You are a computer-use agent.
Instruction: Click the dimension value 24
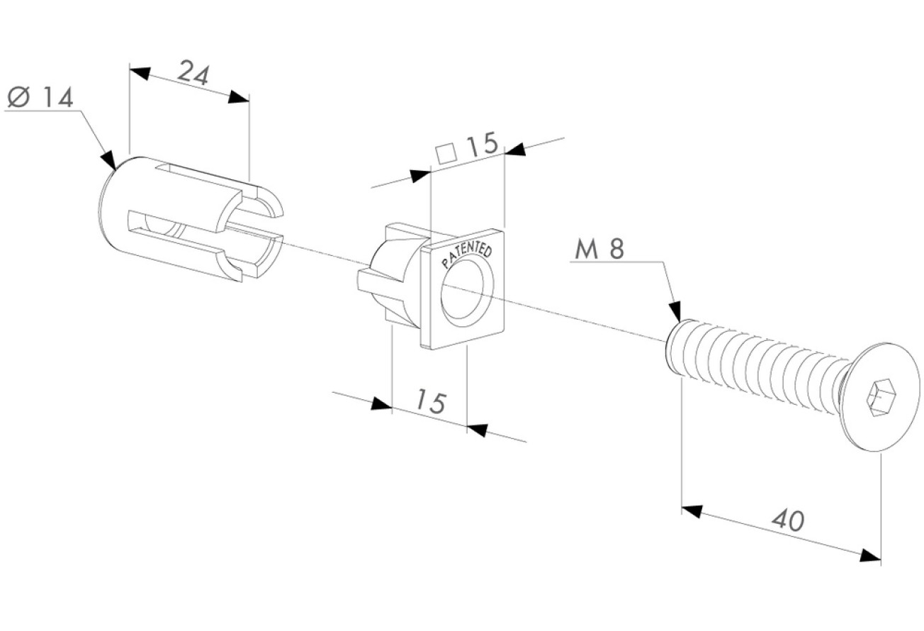(194, 72)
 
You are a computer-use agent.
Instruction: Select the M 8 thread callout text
(599, 250)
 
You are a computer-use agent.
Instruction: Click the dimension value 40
(788, 521)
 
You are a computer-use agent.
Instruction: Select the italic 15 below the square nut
(431, 401)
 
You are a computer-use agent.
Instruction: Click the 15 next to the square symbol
(483, 144)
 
